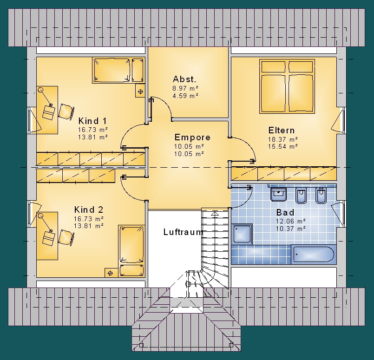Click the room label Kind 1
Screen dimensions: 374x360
(92, 121)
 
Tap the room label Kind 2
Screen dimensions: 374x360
(89, 210)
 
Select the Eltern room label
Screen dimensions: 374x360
(282, 131)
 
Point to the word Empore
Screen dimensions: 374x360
(192, 137)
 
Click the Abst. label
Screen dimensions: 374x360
(184, 79)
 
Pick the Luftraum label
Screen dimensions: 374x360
(183, 232)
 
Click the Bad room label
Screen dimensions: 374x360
(285, 212)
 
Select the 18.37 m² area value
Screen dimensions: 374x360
(283, 139)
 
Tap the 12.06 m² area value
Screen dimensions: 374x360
(291, 221)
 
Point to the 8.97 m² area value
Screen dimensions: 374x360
(185, 88)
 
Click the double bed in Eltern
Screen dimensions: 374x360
(287, 86)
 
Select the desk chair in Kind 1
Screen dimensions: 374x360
(66, 111)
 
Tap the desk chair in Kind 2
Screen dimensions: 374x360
(66, 237)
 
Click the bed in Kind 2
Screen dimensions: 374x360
(131, 251)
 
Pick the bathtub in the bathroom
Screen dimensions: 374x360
(314, 255)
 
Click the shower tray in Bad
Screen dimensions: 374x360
(242, 234)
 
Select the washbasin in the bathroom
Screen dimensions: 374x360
(278, 194)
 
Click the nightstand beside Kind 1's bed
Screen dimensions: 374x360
(140, 91)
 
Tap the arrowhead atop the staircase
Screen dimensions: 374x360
(215, 214)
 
